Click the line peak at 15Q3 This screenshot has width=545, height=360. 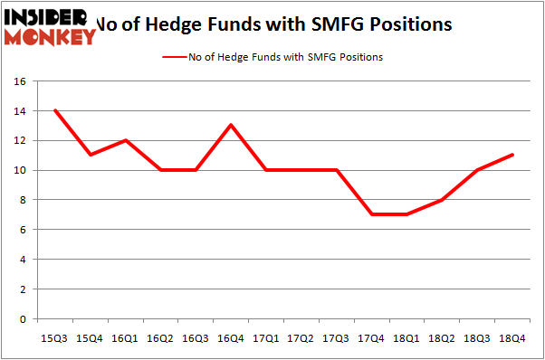pyautogui.click(x=55, y=110)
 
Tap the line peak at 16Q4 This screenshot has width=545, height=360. pyautogui.click(x=231, y=125)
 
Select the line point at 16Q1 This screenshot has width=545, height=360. pyautogui.click(x=126, y=140)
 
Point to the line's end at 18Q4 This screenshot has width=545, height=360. pyautogui.click(x=513, y=155)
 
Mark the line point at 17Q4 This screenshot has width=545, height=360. pyautogui.click(x=372, y=214)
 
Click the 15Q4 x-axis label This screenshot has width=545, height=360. pyautogui.click(x=91, y=337)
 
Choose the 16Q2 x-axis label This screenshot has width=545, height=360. pyautogui.click(x=161, y=337)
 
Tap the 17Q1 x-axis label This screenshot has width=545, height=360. pyautogui.click(x=266, y=337)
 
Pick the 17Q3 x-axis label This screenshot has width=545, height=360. pyautogui.click(x=337, y=337)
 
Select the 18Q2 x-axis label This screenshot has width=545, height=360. pyautogui.click(x=443, y=337)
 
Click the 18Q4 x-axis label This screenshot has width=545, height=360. pyautogui.click(x=513, y=337)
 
